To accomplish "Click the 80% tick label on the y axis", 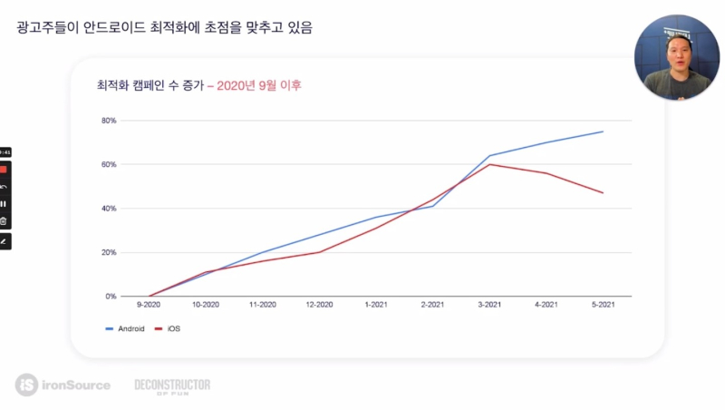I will [x=109, y=121].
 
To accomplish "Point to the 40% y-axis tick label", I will [x=109, y=209].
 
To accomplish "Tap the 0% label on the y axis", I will [x=111, y=297].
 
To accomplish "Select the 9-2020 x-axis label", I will [x=149, y=307].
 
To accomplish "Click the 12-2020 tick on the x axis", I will [x=320, y=307].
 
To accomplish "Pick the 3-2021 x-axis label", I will [x=490, y=307].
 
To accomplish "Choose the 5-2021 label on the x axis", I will [x=603, y=307].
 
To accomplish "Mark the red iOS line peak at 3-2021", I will [x=490, y=164].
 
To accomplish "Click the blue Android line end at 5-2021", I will [x=603, y=132].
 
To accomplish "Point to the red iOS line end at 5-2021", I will [x=603, y=192].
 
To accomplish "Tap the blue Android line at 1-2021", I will [x=377, y=218].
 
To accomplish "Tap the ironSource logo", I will [x=63, y=385].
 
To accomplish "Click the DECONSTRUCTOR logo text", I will [x=172, y=386].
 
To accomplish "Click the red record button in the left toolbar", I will [x=4, y=169].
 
